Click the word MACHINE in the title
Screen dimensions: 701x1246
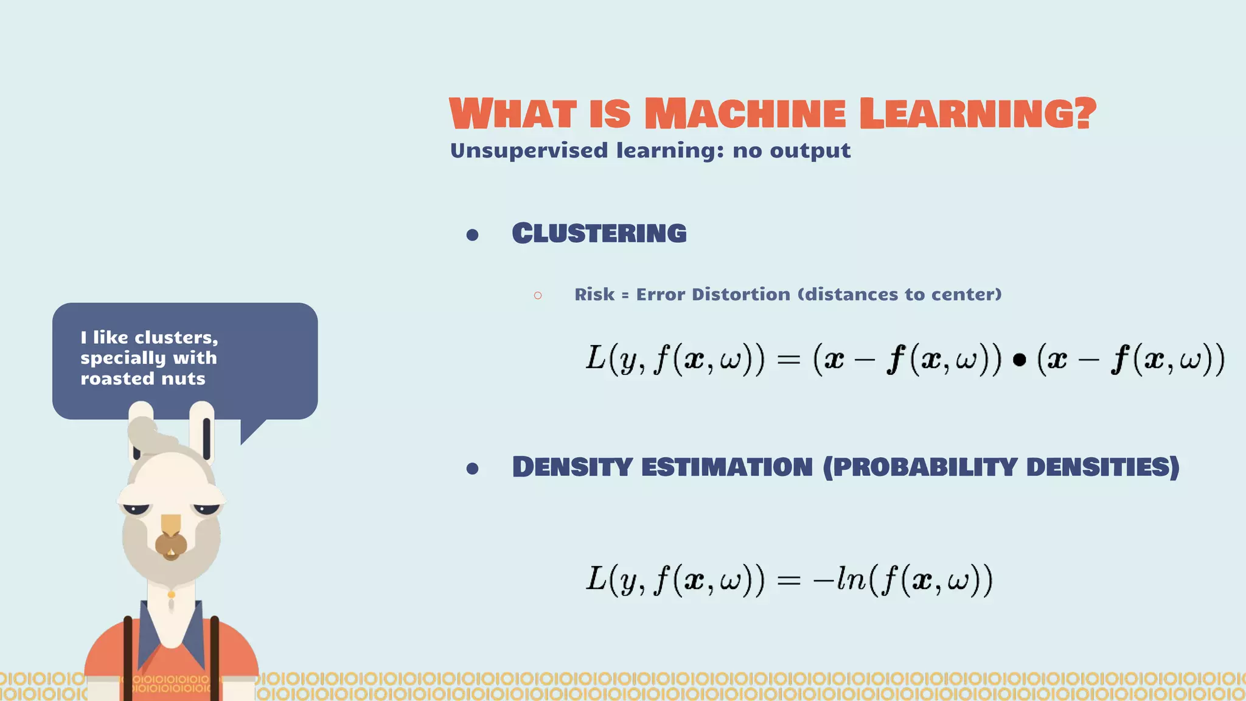coord(745,114)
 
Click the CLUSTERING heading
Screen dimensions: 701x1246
coord(599,234)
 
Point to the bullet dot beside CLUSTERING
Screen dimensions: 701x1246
coord(472,235)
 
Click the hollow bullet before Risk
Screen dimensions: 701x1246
coord(538,296)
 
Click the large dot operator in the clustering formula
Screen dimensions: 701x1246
coord(1020,360)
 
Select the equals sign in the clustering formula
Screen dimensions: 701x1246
coord(788,360)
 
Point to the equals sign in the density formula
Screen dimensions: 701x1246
coord(788,580)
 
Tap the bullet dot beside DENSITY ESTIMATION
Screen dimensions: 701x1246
coord(472,469)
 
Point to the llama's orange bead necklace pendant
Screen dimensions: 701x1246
coord(172,595)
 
